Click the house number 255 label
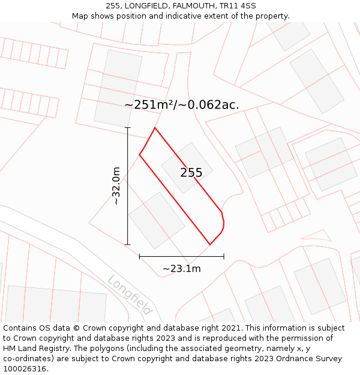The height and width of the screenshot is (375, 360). [191, 173]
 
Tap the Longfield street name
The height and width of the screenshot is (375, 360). [130, 295]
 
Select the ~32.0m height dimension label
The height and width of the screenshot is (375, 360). [116, 186]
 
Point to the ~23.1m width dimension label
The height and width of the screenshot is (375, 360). [181, 268]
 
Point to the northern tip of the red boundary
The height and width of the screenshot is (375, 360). [155, 128]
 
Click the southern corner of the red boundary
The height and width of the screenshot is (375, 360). [210, 244]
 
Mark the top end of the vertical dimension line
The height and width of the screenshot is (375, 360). [128, 127]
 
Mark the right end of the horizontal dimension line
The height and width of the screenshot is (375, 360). [224, 256]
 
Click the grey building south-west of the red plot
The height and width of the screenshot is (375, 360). [157, 220]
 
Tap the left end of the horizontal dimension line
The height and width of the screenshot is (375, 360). [139, 256]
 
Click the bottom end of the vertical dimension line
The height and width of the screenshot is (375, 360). [128, 245]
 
